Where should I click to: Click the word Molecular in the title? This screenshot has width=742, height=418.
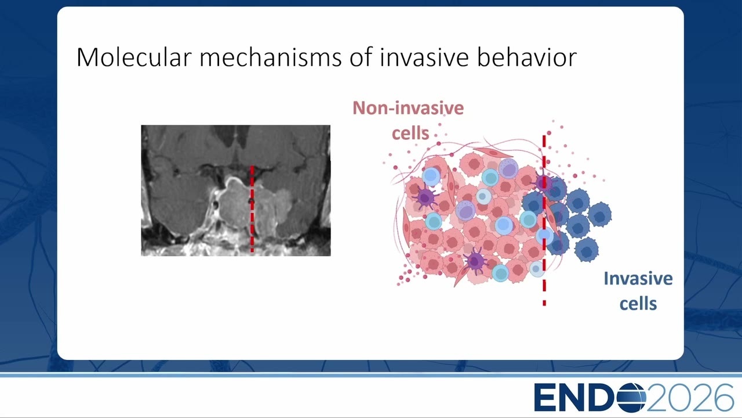coord(134,57)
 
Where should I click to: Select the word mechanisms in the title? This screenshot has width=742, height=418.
coord(270,57)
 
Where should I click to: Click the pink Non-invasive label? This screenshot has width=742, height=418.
coord(408,108)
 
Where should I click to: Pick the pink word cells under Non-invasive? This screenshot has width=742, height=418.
coord(410,133)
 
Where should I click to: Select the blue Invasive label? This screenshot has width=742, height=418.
coord(638,278)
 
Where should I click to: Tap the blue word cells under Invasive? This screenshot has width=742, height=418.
coord(638,304)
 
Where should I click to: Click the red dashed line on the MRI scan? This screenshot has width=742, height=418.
coord(252,209)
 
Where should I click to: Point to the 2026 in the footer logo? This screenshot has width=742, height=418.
coord(690,398)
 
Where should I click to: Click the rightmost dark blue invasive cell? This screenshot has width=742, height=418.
coord(599,215)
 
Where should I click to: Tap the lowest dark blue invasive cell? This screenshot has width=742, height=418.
coord(587,250)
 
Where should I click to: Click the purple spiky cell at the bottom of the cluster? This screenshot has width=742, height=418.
coord(475,261)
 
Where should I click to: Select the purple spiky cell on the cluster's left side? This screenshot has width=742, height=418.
coord(425,197)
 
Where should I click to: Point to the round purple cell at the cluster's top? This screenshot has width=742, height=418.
coord(508,168)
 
